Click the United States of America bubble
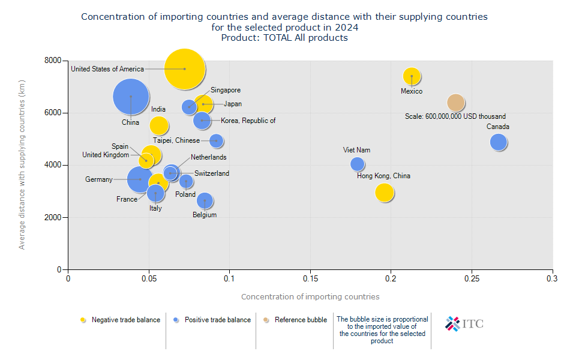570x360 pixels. [x=185, y=69]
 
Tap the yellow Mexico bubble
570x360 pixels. [x=412, y=76]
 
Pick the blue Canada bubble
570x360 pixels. [x=498, y=142]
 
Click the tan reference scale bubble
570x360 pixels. [x=456, y=103]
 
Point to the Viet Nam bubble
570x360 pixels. [x=357, y=164]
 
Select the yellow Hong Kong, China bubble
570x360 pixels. [x=385, y=192]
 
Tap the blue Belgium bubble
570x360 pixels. [x=205, y=201]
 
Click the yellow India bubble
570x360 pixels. [x=158, y=125]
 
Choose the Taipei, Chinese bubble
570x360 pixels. [x=217, y=140]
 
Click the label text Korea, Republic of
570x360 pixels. [x=248, y=121]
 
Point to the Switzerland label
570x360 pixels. [x=212, y=173]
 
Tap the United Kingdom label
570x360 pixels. [x=106, y=155]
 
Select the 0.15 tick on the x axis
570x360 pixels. [x=310, y=278]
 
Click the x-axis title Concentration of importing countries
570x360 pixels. [x=310, y=296]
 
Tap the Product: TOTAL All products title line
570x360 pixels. [x=284, y=38]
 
